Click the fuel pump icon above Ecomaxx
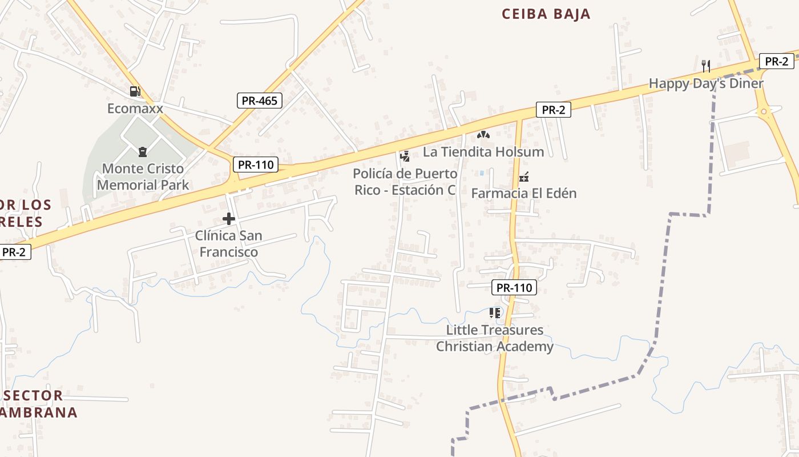pyautogui.click(x=135, y=91)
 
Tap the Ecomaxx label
pyautogui.click(x=135, y=108)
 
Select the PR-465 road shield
pyautogui.click(x=259, y=101)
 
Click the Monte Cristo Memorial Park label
pyautogui.click(x=143, y=177)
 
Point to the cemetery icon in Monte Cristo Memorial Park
pyautogui.click(x=142, y=152)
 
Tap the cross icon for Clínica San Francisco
pyautogui.click(x=229, y=219)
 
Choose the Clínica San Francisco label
pyautogui.click(x=228, y=243)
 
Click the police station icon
pyautogui.click(x=405, y=156)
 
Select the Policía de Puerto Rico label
pyautogui.click(x=405, y=182)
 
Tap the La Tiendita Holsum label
pyautogui.click(x=483, y=152)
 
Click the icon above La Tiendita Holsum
pyautogui.click(x=483, y=135)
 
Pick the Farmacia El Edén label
pyautogui.click(x=523, y=193)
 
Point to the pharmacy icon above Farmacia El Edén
pyautogui.click(x=523, y=177)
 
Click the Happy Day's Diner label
pyautogui.click(x=705, y=83)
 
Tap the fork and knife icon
pyautogui.click(x=706, y=66)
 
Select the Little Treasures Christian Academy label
pyautogui.click(x=495, y=338)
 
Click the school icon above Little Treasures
pyautogui.click(x=495, y=313)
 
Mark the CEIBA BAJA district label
pyautogui.click(x=546, y=14)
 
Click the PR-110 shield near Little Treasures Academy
pyautogui.click(x=514, y=287)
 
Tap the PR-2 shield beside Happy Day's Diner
pyautogui.click(x=776, y=62)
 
